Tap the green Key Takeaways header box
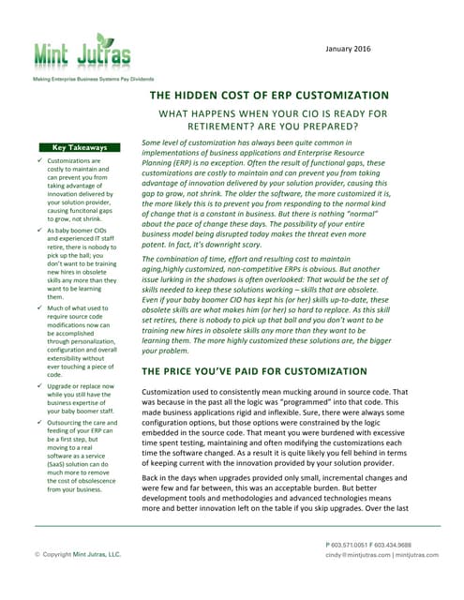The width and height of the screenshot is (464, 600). point(80,147)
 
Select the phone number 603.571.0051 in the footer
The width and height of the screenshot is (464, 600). point(353,545)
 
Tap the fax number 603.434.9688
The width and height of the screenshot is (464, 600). point(411,545)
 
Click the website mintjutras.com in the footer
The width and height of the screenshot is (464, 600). point(416,554)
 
